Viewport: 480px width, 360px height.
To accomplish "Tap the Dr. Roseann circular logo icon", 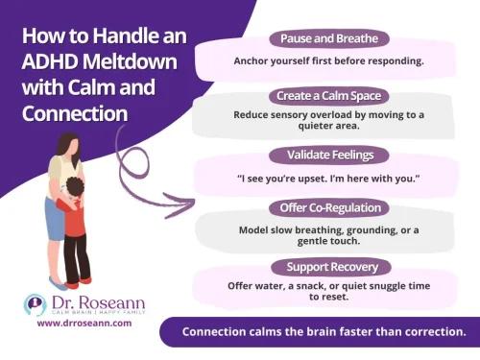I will [x=35, y=306].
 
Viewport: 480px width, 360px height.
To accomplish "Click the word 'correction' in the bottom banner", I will [x=427, y=332].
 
